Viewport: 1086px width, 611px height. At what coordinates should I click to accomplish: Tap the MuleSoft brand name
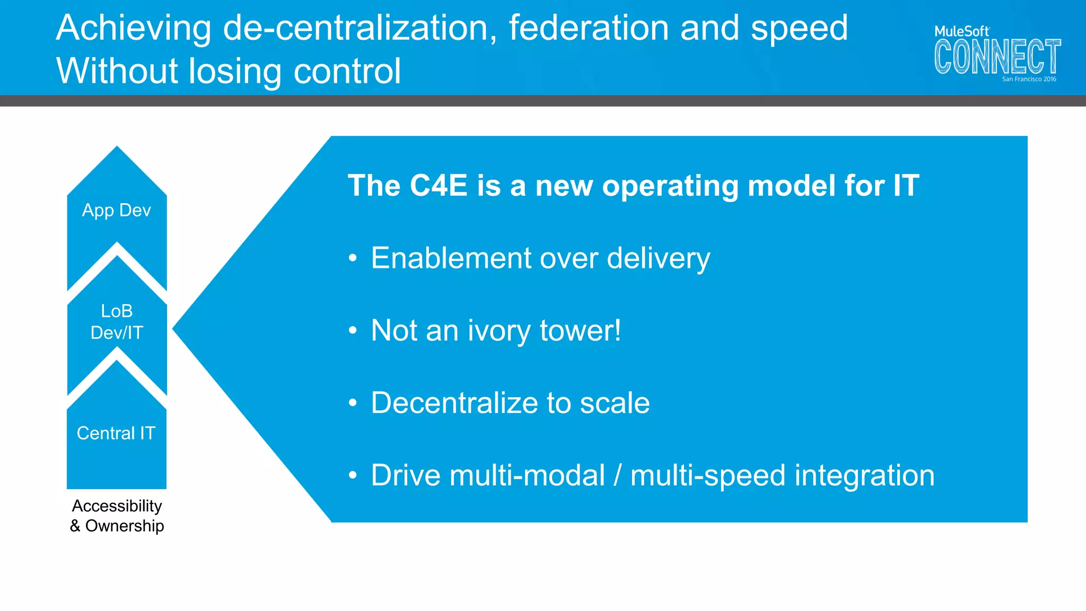[961, 31]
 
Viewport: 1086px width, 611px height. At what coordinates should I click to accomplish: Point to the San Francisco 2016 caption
[1029, 79]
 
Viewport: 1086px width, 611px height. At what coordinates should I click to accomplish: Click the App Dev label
[117, 211]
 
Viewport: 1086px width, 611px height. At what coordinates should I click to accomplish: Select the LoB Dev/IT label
[117, 322]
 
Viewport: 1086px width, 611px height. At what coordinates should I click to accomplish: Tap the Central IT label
[116, 433]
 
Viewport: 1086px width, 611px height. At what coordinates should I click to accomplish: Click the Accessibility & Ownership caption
[117, 516]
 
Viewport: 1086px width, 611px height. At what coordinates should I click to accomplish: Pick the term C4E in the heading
[438, 186]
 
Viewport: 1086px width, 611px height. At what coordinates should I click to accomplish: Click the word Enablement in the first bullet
[451, 258]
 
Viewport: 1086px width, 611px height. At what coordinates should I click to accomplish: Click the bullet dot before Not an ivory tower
[353, 330]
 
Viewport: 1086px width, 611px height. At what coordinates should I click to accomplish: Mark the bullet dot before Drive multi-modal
[353, 475]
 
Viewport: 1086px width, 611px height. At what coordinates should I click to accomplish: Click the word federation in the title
[589, 28]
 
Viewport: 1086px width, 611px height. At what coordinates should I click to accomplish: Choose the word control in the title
[347, 71]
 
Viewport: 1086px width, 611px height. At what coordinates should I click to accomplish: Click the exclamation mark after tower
[617, 330]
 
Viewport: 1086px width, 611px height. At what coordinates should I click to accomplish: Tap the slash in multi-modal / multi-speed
[617, 475]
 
